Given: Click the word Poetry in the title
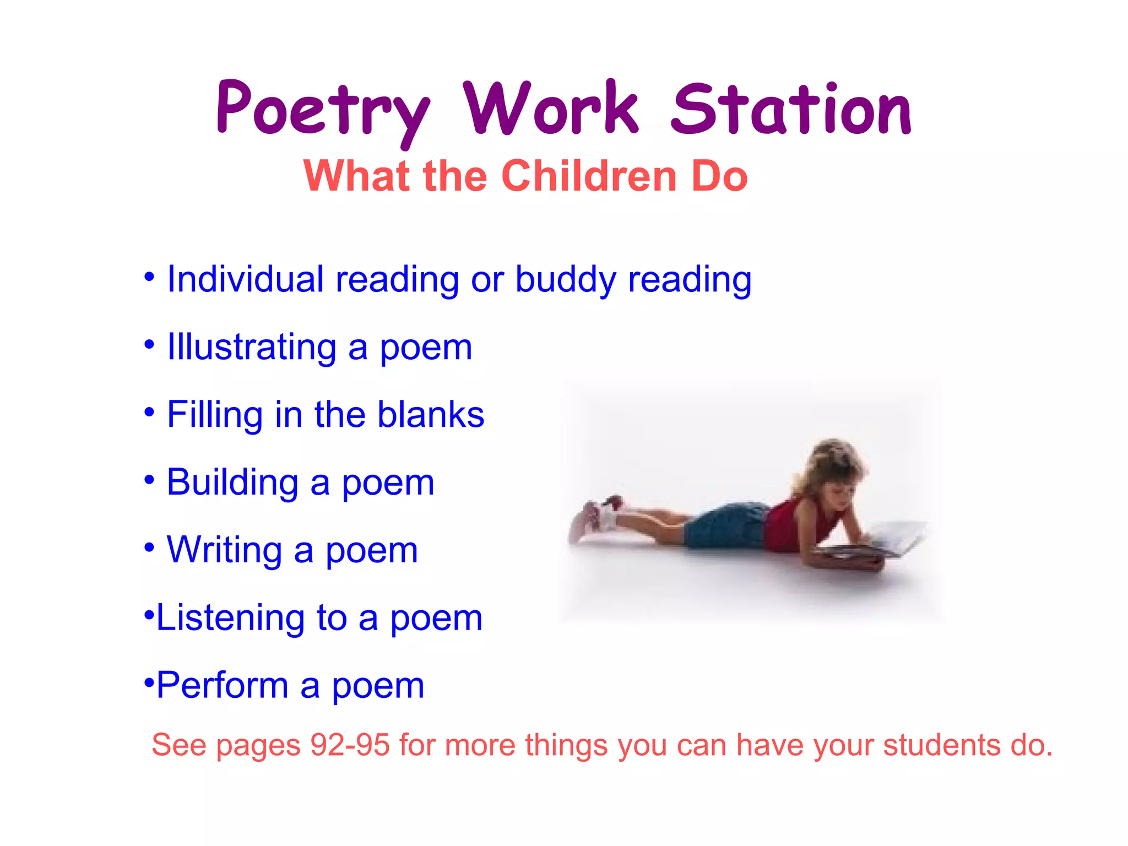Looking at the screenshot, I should (x=322, y=110).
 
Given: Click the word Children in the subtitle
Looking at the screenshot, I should (x=589, y=176).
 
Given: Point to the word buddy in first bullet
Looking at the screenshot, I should (x=565, y=280).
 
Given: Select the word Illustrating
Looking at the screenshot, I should (x=252, y=348).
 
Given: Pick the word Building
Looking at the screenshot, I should (x=232, y=482).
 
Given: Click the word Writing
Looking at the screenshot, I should (x=224, y=550).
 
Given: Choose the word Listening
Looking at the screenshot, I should (x=230, y=617).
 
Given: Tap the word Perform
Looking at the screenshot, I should (x=223, y=685).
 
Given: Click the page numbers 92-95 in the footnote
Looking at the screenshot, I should (x=350, y=745).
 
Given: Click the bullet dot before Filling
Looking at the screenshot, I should (x=149, y=412).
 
